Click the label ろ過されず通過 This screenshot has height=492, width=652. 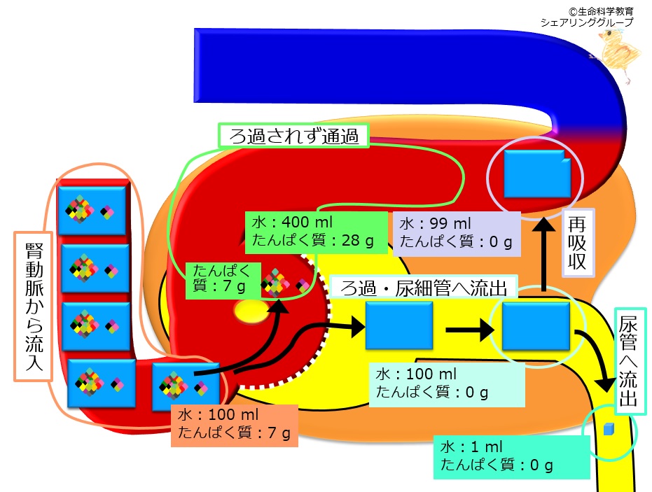tap(293, 136)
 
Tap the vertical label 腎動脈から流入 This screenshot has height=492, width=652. tap(34, 307)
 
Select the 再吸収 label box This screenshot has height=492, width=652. tap(578, 243)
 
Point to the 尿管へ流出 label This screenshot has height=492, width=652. tap(630, 361)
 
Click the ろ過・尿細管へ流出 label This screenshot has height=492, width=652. tap(423, 288)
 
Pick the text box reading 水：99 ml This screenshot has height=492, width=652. tap(457, 234)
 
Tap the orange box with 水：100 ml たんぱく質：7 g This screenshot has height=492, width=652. tap(235, 426)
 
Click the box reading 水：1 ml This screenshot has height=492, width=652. tap(511, 457)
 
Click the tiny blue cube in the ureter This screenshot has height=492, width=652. tap(609, 429)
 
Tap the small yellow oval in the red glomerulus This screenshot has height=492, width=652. tap(251, 311)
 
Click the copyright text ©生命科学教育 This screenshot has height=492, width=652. tap(601, 11)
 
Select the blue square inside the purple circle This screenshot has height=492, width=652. tap(537, 174)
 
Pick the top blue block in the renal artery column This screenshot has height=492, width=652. tap(92, 210)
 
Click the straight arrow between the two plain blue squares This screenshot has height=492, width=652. tap(470, 330)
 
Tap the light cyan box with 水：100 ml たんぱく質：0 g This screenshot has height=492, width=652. tap(447, 384)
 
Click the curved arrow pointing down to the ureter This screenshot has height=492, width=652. tap(597, 356)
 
